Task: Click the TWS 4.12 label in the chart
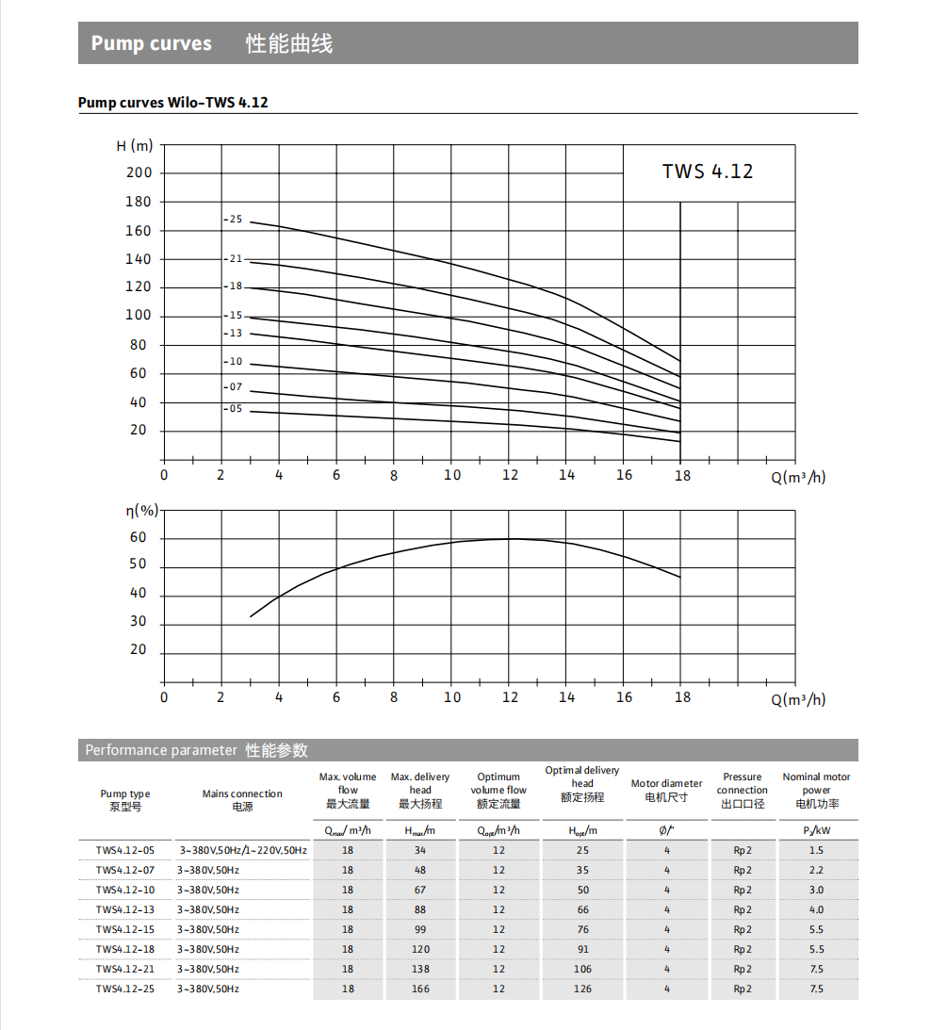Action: [x=707, y=172]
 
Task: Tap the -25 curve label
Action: [x=233, y=220]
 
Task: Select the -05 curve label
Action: [x=233, y=409]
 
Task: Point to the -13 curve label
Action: [x=233, y=334]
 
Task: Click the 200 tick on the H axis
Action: [x=139, y=172]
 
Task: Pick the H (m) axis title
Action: [x=134, y=146]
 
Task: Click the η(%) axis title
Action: [x=142, y=511]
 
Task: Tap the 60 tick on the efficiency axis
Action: [x=139, y=538]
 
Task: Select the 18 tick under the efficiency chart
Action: [x=682, y=697]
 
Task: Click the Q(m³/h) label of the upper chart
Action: [x=798, y=477]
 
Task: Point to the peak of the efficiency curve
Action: [x=510, y=539]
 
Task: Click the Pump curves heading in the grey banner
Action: [x=152, y=43]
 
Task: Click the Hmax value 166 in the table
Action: [x=420, y=989]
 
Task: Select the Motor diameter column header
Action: [x=666, y=790]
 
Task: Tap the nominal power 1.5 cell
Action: [x=816, y=850]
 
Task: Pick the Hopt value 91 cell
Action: [x=583, y=949]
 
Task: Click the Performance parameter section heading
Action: [x=196, y=750]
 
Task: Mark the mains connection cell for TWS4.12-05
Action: [x=243, y=850]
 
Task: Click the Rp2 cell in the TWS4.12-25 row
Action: [x=743, y=989]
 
